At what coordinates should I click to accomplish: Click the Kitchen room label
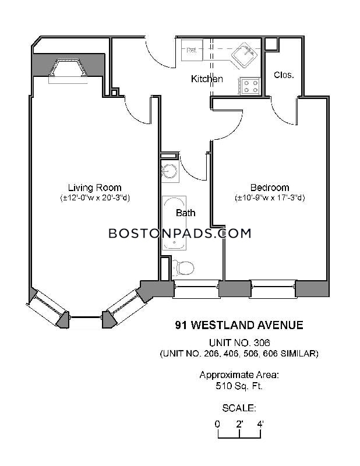[x=207, y=79]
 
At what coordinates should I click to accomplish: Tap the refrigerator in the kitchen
[x=192, y=50]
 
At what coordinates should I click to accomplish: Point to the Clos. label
[x=284, y=75]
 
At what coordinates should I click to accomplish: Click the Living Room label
[x=95, y=188]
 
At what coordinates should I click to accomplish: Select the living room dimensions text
[x=95, y=198]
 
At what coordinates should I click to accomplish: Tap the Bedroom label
[x=270, y=188]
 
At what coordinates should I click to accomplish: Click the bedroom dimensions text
[x=270, y=198]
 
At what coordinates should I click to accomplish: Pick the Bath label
[x=185, y=213]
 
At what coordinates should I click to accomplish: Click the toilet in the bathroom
[x=183, y=268]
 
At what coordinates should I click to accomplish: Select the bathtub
[x=174, y=223]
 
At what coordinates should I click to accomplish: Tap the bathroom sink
[x=170, y=171]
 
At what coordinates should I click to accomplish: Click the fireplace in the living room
[x=68, y=69]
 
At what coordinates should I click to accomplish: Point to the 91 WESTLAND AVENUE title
[x=239, y=325]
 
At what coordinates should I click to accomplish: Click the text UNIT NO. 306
[x=239, y=343]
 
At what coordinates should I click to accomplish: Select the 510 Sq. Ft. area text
[x=239, y=386]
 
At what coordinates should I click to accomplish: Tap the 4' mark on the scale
[x=260, y=424]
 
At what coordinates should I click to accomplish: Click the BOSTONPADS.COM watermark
[x=180, y=234]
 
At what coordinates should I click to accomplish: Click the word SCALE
[x=239, y=408]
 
